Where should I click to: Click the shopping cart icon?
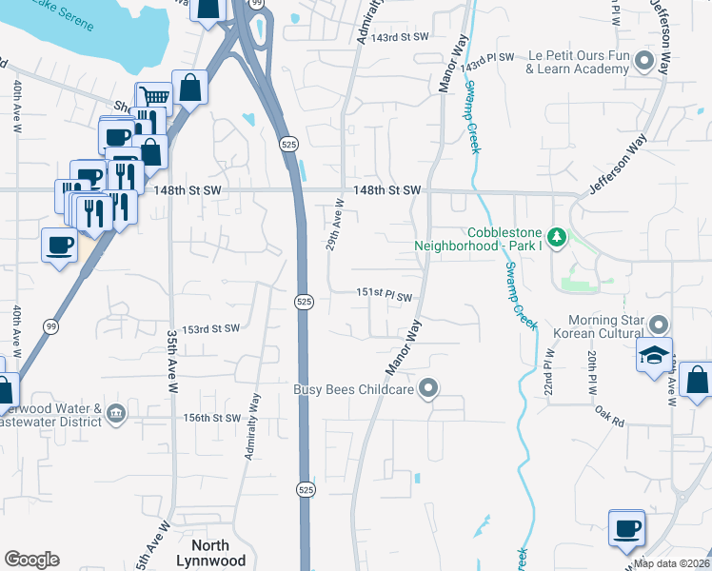tap(153, 96)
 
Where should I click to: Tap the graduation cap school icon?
tap(655, 355)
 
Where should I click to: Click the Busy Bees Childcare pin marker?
tap(429, 388)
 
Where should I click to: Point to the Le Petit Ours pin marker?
tap(643, 62)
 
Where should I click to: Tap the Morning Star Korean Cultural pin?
tap(655, 326)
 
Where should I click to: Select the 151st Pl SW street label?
tap(385, 296)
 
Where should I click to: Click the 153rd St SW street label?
tap(211, 328)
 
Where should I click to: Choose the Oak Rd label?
tap(611, 420)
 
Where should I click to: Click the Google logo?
tap(31, 560)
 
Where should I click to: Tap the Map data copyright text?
tap(672, 563)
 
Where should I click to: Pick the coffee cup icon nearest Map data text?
tap(626, 529)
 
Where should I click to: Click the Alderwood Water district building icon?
tap(116, 412)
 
